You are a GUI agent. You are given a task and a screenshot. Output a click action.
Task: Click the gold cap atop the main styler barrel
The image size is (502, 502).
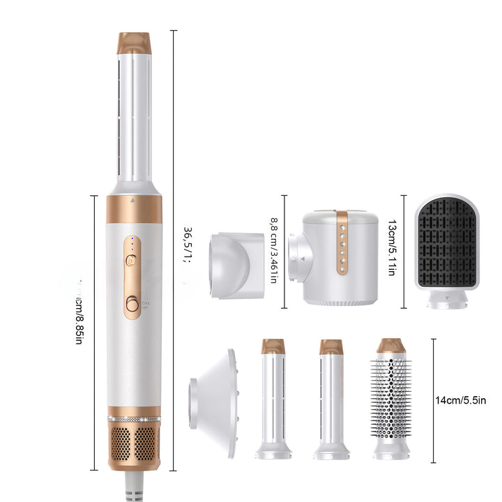coord(134,42)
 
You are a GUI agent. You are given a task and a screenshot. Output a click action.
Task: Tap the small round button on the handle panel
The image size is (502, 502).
coord(130,259)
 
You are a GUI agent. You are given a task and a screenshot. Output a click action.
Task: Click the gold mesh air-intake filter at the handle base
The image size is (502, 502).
coord(134,443)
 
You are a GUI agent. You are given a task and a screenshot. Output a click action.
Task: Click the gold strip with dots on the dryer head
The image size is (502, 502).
coord(341,242)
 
